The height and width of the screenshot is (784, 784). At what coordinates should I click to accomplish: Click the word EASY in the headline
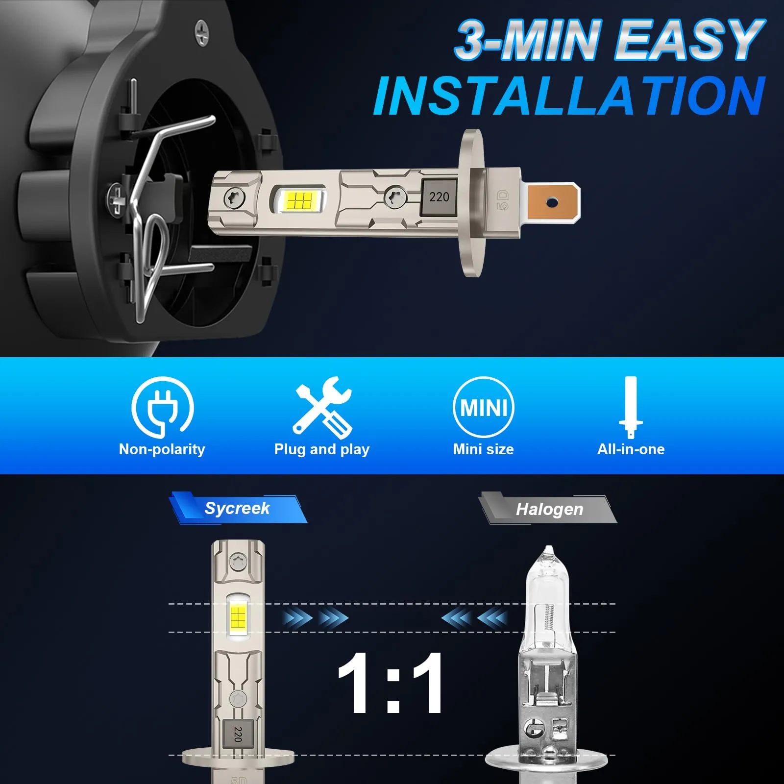690,40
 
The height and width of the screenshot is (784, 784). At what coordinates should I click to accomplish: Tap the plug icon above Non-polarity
162,407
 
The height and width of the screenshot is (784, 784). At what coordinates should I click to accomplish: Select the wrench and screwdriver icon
322,407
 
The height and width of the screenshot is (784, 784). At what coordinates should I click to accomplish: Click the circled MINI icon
483,407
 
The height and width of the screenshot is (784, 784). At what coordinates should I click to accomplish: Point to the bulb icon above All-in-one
631,407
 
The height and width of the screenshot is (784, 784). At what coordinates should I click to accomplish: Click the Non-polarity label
162,449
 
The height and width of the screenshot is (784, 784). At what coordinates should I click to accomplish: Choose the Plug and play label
322,449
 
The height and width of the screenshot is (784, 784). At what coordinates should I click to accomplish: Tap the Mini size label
483,449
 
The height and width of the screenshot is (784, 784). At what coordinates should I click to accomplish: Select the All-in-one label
631,449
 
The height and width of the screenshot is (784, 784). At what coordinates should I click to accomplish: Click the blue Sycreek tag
238,508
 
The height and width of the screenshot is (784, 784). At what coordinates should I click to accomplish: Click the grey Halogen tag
548,509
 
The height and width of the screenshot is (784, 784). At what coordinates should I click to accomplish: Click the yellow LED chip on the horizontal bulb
299,200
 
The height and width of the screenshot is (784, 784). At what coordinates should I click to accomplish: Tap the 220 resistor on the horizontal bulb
439,197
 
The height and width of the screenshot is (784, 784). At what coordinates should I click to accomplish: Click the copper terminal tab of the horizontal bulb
551,202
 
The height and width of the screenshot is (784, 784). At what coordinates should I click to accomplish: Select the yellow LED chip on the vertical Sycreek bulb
238,618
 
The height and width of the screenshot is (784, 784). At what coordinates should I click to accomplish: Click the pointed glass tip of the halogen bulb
549,551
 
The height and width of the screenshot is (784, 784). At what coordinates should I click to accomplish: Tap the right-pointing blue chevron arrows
316,618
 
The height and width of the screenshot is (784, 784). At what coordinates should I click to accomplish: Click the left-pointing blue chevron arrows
474,618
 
